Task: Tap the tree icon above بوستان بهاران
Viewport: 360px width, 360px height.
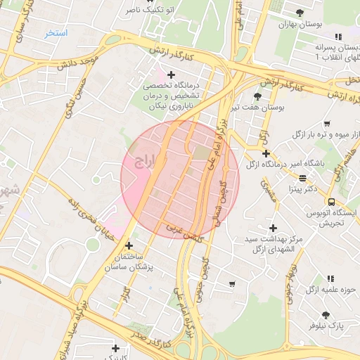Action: (x=300, y=13)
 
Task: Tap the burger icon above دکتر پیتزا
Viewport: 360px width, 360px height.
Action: (x=302, y=178)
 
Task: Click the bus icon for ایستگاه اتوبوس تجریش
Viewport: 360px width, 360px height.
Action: (x=331, y=202)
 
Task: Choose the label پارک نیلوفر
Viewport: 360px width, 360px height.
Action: (x=326, y=326)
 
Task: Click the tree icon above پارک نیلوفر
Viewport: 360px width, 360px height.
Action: (x=325, y=315)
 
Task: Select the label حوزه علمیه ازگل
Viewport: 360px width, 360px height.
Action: (x=323, y=290)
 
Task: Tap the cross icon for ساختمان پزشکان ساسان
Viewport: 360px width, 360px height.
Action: (x=129, y=245)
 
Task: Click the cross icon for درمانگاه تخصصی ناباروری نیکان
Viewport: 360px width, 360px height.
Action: (x=171, y=74)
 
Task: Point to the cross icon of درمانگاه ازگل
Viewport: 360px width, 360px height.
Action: (x=266, y=153)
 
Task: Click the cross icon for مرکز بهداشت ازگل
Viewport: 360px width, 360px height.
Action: (x=274, y=228)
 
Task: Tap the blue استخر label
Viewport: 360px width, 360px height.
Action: (x=56, y=33)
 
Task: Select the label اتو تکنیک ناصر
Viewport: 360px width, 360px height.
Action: (x=151, y=11)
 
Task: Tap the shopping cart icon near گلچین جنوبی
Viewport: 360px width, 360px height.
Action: (x=232, y=284)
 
